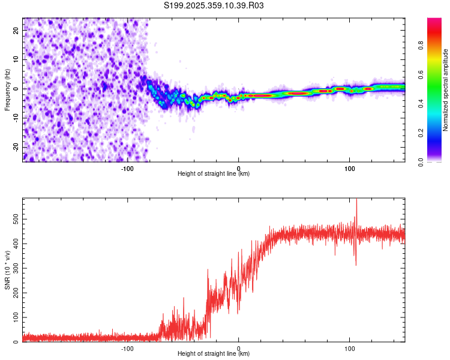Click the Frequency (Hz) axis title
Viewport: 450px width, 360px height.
point(7,89)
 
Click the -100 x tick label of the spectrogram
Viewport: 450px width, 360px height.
point(127,168)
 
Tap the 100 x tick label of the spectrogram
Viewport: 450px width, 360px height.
point(350,168)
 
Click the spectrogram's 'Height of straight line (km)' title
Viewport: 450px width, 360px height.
point(214,174)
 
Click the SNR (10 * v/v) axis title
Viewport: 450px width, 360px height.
point(7,270)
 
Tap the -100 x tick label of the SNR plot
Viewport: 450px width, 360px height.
point(127,348)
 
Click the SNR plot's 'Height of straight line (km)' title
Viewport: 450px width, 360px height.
point(214,354)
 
